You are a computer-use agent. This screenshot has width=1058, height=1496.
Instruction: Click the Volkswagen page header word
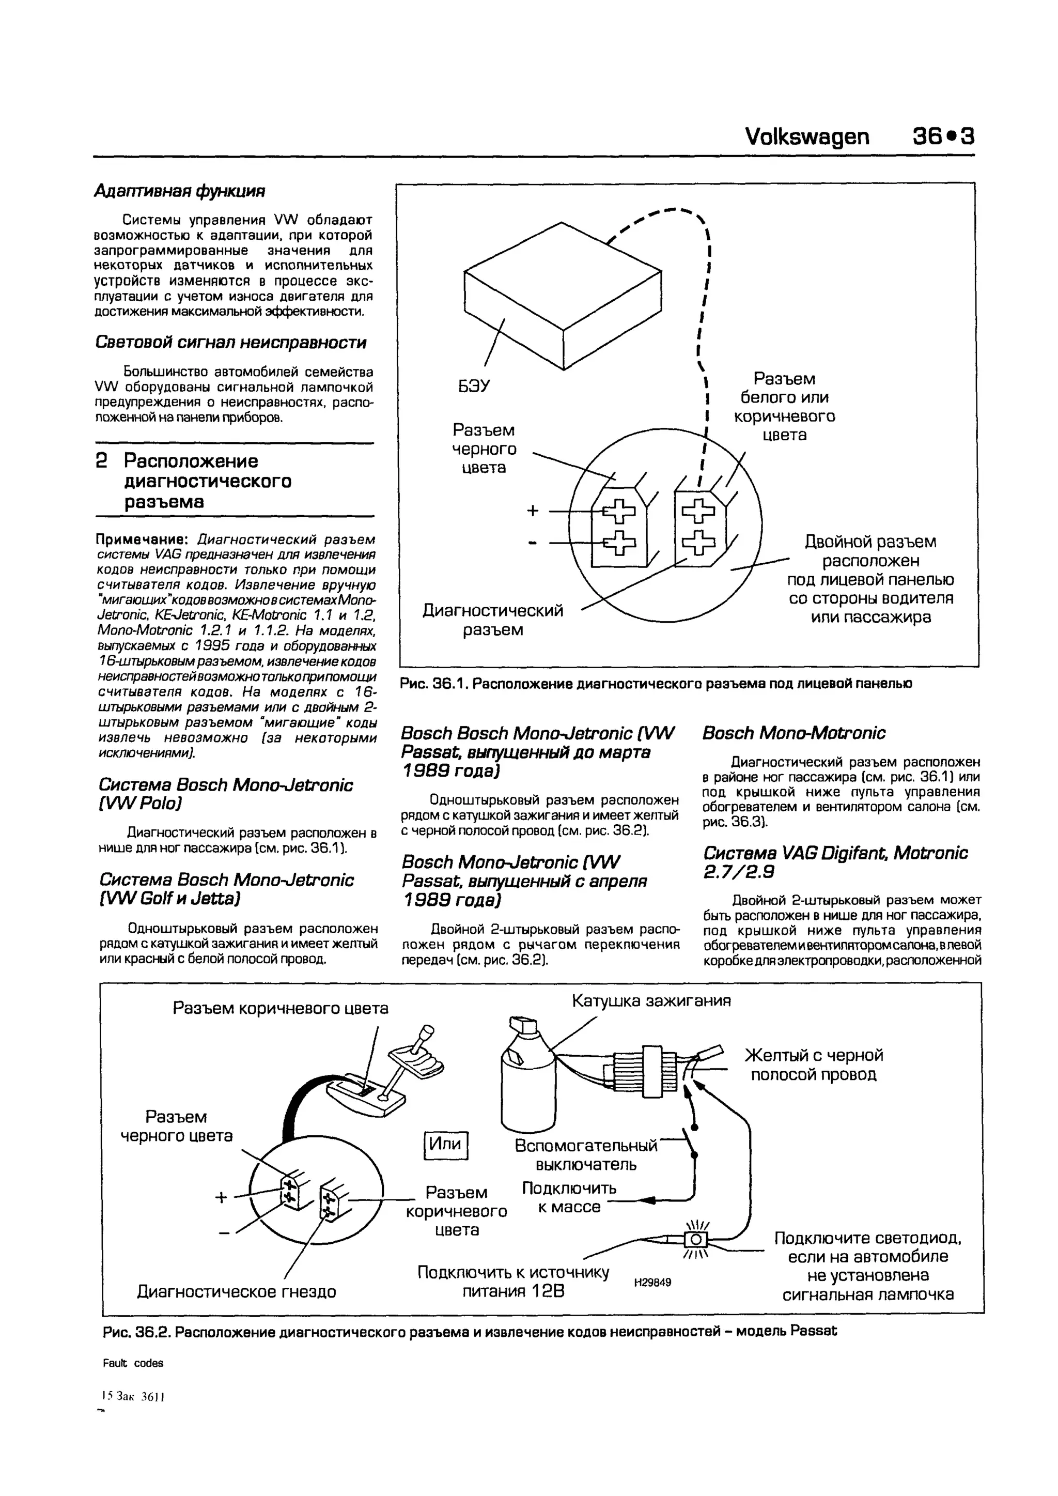pyautogui.click(x=806, y=136)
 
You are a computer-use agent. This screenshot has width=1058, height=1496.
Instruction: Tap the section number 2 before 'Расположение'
pyautogui.click(x=102, y=461)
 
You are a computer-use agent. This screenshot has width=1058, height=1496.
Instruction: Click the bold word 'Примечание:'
pyautogui.click(x=143, y=539)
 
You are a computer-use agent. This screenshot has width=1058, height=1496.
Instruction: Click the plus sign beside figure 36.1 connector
pyautogui.click(x=533, y=510)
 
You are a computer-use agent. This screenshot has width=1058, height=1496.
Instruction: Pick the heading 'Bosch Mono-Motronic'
pyautogui.click(x=793, y=733)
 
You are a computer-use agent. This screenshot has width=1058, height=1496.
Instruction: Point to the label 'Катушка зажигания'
pyautogui.click(x=651, y=1000)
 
